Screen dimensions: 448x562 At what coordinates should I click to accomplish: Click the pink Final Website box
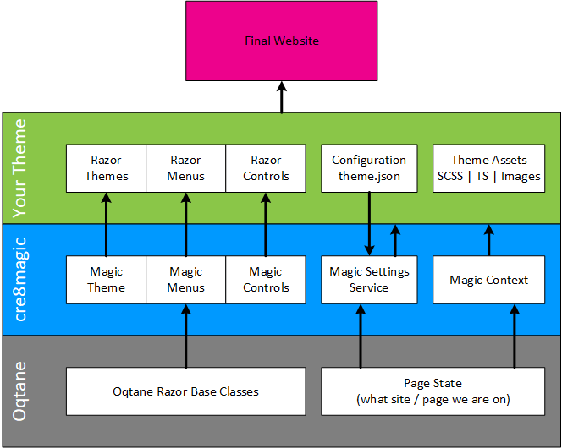click(282, 41)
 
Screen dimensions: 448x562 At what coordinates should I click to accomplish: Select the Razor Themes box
click(106, 167)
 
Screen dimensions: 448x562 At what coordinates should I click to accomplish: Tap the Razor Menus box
click(185, 167)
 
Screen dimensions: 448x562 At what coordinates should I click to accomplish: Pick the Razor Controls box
click(266, 167)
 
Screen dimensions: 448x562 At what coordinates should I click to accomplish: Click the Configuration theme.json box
click(369, 167)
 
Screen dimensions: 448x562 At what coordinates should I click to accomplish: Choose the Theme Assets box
click(488, 167)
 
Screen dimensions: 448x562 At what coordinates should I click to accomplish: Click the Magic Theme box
click(106, 280)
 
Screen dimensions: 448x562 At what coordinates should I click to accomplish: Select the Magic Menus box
click(185, 280)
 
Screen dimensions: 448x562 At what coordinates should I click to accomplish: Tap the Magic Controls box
click(266, 280)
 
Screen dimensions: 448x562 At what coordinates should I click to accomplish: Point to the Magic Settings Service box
click(369, 280)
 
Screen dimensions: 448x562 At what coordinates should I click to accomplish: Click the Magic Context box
click(488, 280)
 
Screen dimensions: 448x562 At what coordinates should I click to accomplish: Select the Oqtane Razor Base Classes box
click(185, 391)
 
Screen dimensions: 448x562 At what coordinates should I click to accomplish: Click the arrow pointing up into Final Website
click(282, 97)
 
